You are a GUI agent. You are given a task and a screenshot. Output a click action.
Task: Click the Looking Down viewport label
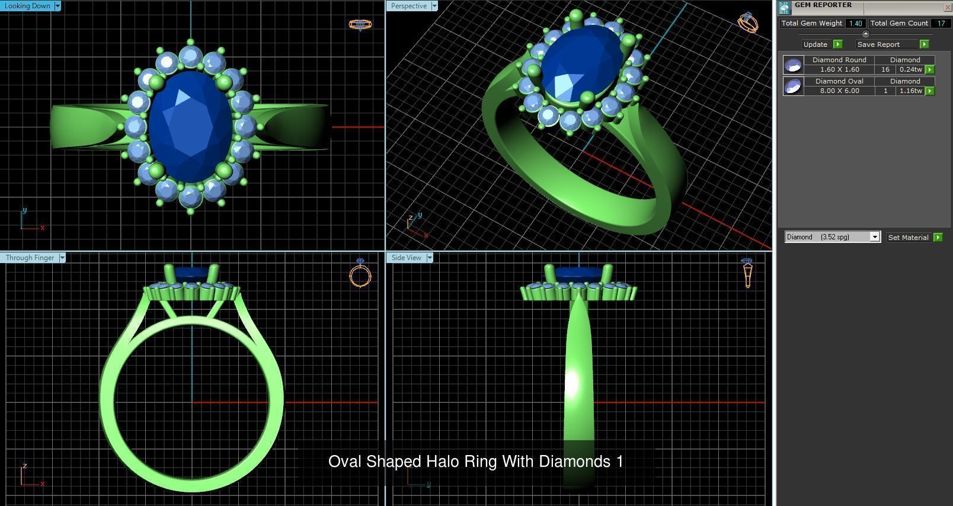(x=27, y=6)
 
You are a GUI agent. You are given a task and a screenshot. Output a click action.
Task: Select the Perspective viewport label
(x=408, y=6)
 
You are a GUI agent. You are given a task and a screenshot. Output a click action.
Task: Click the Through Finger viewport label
(x=30, y=258)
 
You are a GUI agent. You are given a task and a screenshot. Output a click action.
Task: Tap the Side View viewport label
(x=406, y=258)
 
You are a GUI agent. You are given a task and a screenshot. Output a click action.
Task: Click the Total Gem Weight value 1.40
(x=855, y=23)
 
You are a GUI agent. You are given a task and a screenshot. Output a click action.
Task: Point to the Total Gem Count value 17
(x=941, y=23)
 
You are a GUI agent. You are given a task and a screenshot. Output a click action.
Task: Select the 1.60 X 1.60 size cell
(x=839, y=69)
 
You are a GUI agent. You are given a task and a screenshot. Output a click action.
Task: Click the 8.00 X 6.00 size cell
(x=839, y=91)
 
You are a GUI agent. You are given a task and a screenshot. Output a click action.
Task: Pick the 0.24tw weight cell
(x=910, y=69)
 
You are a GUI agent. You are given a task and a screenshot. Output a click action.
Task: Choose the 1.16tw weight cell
(x=910, y=91)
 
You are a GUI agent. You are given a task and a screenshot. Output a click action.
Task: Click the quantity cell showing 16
(x=885, y=69)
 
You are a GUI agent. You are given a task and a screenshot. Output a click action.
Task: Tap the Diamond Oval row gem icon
(x=793, y=87)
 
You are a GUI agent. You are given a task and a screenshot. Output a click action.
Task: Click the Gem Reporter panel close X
(x=946, y=7)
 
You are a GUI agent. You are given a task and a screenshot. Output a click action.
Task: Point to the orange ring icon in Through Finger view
(x=360, y=275)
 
